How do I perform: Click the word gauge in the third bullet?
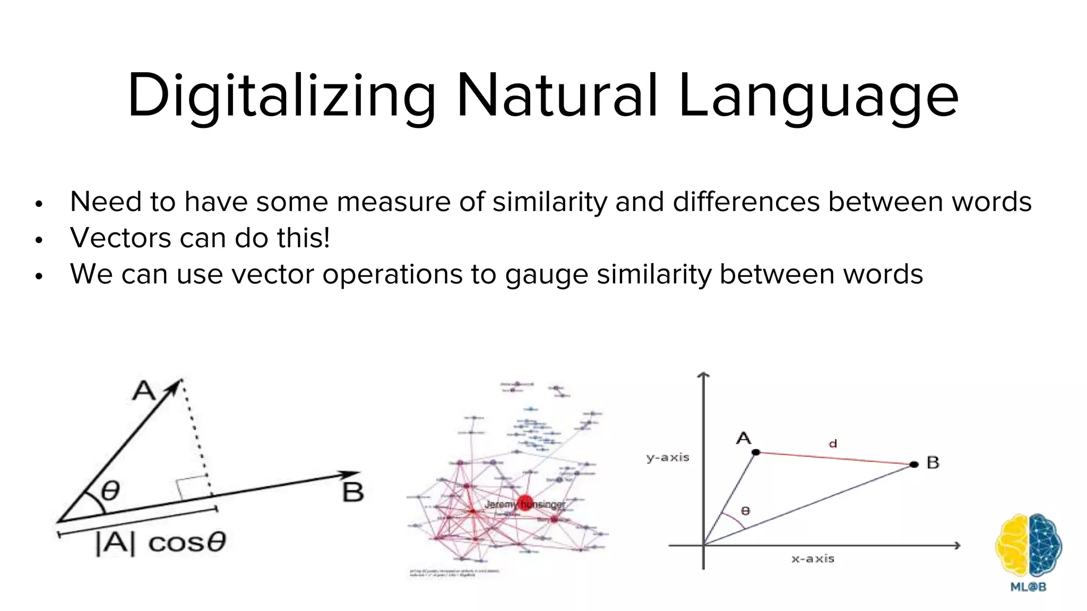547,275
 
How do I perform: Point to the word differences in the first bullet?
746,202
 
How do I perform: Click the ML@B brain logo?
1028,546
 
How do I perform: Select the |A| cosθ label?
161,542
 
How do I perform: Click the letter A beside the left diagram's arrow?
143,391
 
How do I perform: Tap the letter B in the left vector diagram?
353,492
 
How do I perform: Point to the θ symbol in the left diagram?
110,491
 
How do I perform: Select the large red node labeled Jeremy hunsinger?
524,502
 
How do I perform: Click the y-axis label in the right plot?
668,457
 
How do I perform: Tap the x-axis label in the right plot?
813,558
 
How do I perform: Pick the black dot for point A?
756,452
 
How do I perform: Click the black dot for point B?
913,465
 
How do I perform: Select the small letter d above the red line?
833,443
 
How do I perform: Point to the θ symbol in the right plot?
745,510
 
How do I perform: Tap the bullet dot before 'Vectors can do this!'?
38,240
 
